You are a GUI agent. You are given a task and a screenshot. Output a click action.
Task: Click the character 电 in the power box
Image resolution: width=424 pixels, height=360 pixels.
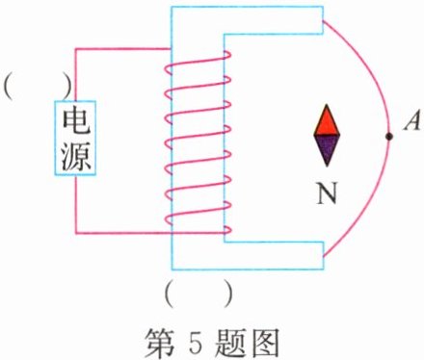pos(76,121)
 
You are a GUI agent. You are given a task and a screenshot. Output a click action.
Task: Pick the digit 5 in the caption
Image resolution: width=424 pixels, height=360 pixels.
pos(192,338)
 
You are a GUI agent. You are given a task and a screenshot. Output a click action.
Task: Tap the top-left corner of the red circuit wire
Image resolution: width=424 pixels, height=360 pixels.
pos(77,50)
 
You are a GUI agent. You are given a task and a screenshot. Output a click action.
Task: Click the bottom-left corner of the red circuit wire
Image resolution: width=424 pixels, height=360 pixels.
pos(77,231)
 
